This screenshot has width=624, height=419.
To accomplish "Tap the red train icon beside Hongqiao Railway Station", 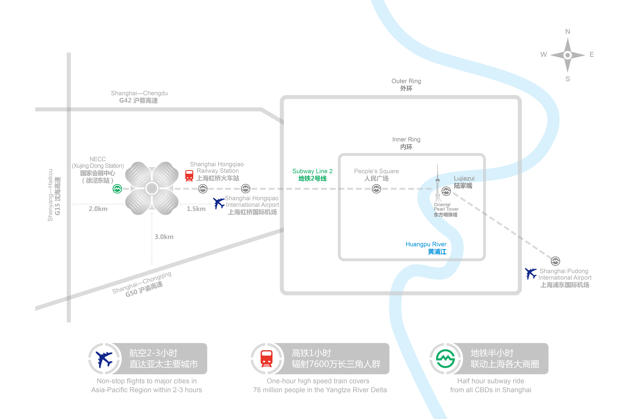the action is [x=189, y=176].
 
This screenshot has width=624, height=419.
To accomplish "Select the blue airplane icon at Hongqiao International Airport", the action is [x=219, y=203].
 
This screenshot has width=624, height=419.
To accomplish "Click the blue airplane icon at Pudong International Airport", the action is [x=531, y=274].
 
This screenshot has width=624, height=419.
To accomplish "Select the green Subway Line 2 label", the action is [x=312, y=175].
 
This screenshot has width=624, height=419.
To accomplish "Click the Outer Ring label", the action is [x=406, y=85].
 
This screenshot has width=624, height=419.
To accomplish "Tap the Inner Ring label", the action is [x=406, y=143].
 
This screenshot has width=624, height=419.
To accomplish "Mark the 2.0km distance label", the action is [x=98, y=209].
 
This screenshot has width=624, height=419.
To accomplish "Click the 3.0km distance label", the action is [x=164, y=237].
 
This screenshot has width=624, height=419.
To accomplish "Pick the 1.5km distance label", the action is [x=196, y=209].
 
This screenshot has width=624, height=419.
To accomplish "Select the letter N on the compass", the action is [x=567, y=32].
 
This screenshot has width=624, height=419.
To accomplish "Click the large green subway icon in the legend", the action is [x=445, y=359].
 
